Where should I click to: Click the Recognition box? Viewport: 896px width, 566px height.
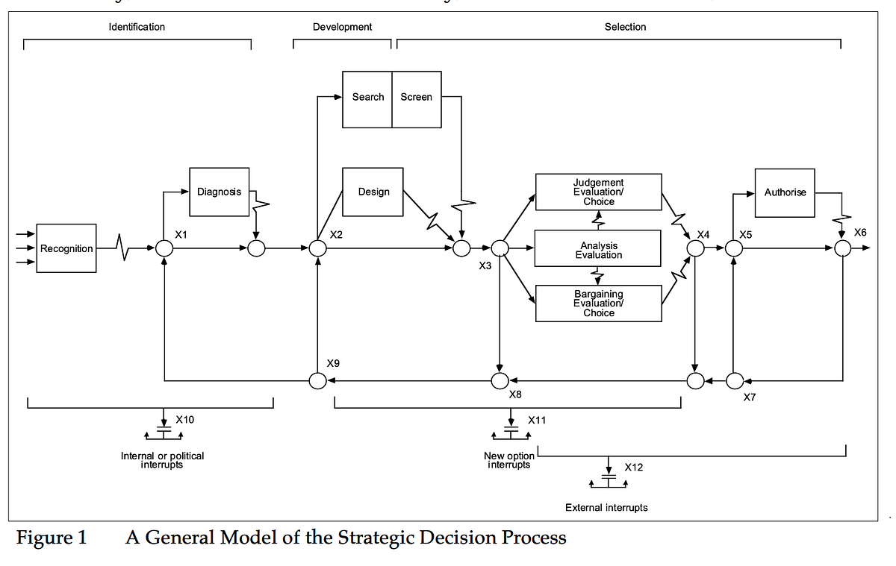click(66, 248)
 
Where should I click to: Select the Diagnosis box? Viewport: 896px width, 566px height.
click(219, 192)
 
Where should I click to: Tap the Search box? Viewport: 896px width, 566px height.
click(367, 98)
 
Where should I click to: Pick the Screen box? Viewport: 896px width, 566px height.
click(417, 98)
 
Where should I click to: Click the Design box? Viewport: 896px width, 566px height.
click(373, 192)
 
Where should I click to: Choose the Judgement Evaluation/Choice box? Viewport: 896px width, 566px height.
click(598, 192)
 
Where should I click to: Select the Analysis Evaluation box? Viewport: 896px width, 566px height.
click(598, 249)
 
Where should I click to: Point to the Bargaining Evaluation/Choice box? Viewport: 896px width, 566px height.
click(598, 304)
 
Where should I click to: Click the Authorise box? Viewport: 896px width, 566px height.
click(785, 192)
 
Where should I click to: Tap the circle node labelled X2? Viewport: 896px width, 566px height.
click(318, 248)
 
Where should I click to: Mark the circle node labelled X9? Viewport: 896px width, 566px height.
click(318, 381)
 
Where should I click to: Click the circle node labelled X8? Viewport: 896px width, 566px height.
click(500, 381)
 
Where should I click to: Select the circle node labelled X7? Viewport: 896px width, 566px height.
click(734, 381)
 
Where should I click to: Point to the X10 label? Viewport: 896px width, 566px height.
click(184, 420)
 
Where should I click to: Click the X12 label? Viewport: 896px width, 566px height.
click(633, 468)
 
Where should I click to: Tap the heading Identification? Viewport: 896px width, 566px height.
click(137, 27)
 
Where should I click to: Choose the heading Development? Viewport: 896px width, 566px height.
click(342, 27)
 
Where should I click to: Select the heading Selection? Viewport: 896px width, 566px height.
click(625, 27)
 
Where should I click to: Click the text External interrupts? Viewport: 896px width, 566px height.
click(606, 508)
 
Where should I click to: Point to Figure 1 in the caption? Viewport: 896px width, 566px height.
click(52, 538)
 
